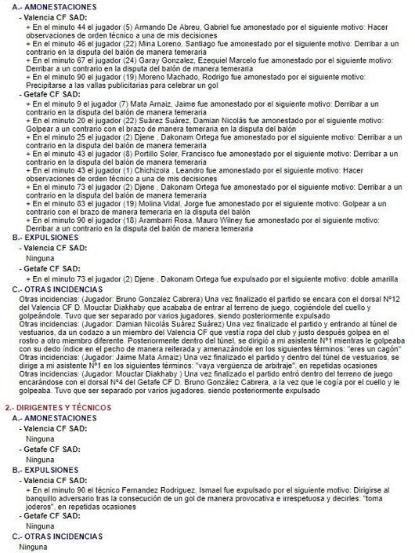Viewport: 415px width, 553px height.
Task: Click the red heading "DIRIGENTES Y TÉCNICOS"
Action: click(x=61, y=409)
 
